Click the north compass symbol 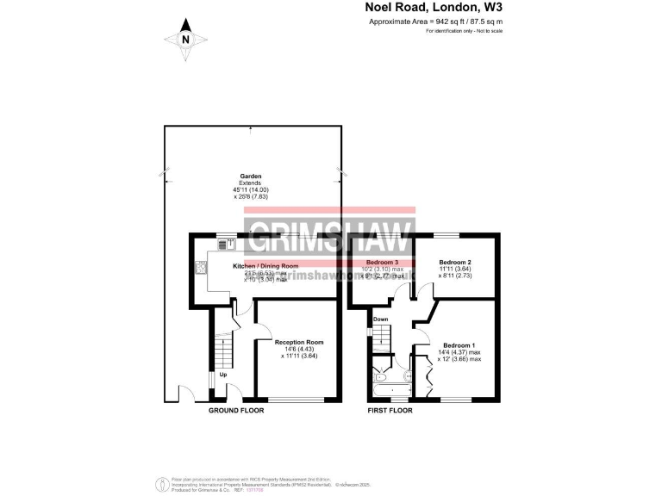[x=184, y=40]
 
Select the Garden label [x=250, y=177]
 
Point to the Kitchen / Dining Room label [x=265, y=266]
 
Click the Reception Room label [x=299, y=342]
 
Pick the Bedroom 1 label [x=457, y=345]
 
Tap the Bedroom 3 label [x=382, y=261]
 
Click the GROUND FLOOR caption [x=236, y=411]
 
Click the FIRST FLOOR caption [x=390, y=411]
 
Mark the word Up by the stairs [x=222, y=375]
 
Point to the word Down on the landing [x=380, y=319]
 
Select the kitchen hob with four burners [x=202, y=267]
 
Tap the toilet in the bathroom [x=408, y=375]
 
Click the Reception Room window [x=298, y=400]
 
